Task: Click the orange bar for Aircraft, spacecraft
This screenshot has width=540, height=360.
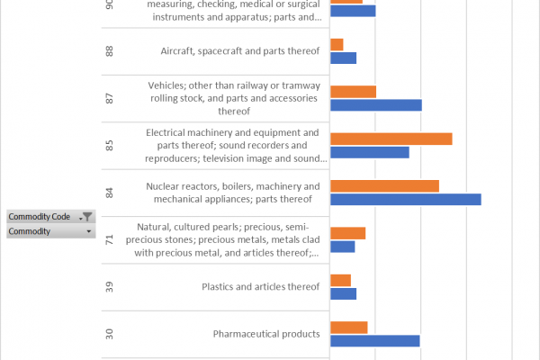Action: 337,45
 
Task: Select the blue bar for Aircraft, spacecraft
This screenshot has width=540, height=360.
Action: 344,58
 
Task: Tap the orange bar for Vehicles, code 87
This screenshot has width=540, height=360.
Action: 354,92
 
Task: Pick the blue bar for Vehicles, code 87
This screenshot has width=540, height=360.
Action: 376,105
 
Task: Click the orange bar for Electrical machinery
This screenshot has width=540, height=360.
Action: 391,139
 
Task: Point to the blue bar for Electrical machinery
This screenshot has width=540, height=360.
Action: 370,152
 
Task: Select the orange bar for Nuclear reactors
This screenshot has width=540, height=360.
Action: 384,186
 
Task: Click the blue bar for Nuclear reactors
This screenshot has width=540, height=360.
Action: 406,200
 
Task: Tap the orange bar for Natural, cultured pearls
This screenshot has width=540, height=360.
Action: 347,233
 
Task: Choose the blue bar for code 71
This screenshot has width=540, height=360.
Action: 343,247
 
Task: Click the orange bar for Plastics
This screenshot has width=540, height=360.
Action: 340,281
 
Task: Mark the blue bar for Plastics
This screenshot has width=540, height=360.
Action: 344,294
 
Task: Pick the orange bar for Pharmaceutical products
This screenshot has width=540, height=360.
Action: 349,328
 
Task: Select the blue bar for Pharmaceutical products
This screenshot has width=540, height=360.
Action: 375,341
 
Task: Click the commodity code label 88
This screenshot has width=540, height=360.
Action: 109,51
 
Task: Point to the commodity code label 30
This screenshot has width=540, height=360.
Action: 109,334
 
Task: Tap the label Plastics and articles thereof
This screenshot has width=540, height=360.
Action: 260,286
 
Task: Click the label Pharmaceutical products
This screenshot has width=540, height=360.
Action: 266,334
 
